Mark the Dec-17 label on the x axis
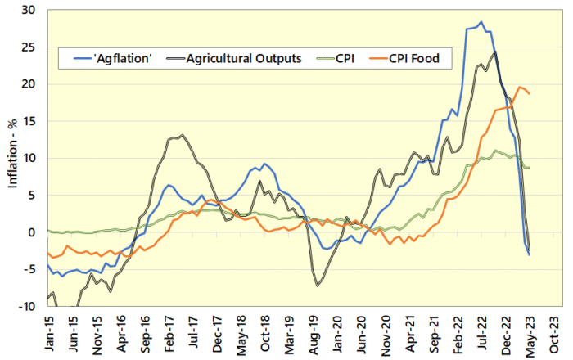[x=220, y=335]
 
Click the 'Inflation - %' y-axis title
[x=13, y=158]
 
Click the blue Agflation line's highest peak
[x=481, y=22]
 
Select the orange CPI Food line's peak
[x=520, y=87]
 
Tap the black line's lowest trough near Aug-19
[x=318, y=286]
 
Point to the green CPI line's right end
[x=530, y=168]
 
